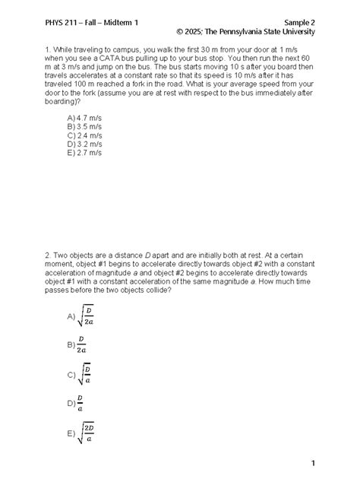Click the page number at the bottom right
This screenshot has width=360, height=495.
[x=312, y=464]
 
